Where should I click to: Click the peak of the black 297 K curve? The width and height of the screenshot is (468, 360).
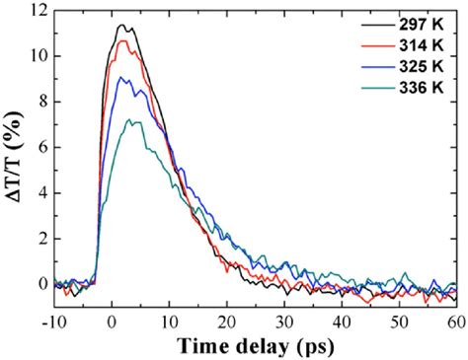[x=120, y=25]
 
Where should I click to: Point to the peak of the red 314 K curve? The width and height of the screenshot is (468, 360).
[x=122, y=40]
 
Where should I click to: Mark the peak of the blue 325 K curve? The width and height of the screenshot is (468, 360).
[x=120, y=78]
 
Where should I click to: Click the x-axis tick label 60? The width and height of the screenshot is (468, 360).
[x=454, y=320]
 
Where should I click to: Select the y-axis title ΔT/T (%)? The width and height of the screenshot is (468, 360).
[x=13, y=158]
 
